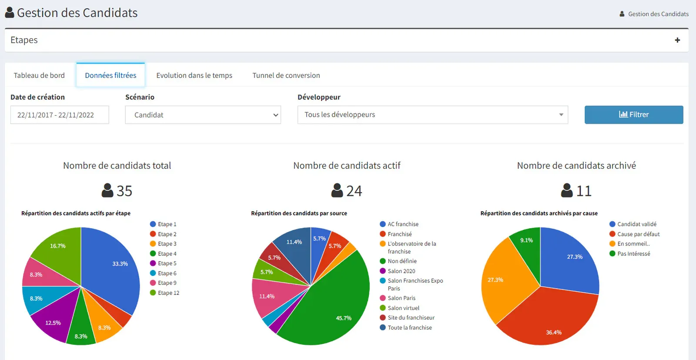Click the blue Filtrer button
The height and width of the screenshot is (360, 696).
point(634,115)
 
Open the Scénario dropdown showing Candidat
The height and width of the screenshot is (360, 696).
point(203,115)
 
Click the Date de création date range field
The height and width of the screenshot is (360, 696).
point(60,115)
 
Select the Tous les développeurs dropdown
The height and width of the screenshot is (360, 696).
point(433,115)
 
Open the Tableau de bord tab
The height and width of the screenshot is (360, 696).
point(39,75)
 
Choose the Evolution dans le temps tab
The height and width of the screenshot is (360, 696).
point(194,75)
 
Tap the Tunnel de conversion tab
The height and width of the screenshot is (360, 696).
point(286,75)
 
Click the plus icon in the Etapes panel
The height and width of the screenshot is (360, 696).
point(677,40)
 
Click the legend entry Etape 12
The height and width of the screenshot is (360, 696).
point(165,293)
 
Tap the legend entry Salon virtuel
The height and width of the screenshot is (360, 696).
point(400,308)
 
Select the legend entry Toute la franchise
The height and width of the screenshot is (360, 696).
point(406,328)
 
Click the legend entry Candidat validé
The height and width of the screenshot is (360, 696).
point(633,224)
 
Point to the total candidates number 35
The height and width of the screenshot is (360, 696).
point(124,191)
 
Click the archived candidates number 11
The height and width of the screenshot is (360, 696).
point(584,191)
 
